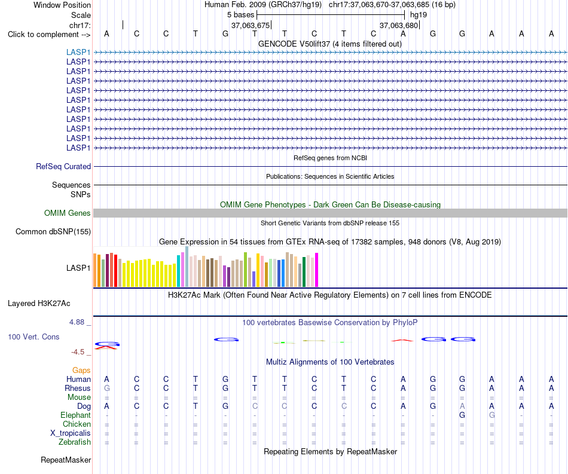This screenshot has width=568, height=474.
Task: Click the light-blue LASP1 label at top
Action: point(78,52)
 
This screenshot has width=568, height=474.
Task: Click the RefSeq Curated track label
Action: point(63,167)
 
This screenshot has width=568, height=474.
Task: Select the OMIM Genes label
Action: point(68,213)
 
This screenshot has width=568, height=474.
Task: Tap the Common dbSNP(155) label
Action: point(53,232)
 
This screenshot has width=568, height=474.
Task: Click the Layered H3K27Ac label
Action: point(39,304)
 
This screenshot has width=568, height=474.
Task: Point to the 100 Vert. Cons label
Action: point(33,337)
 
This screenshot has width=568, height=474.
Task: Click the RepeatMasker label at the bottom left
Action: point(66,460)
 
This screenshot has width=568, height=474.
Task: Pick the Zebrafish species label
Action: point(75,442)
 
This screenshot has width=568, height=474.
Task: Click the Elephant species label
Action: point(76,415)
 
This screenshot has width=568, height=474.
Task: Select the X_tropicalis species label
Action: point(71,433)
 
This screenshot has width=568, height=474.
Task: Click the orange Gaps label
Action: point(81,370)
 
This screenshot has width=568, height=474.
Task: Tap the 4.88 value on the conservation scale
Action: point(77,322)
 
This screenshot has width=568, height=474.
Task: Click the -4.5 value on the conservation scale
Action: point(78,352)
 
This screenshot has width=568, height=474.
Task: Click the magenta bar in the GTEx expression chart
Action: point(317,270)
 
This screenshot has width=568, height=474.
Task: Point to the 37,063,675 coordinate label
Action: point(251,25)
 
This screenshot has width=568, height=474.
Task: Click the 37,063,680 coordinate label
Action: point(399,25)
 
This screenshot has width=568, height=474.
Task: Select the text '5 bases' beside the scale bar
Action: point(240,15)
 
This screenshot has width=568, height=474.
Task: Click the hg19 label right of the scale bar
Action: point(419,15)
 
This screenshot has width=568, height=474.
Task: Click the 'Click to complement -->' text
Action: point(49,35)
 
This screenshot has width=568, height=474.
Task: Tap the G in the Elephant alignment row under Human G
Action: point(462,415)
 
